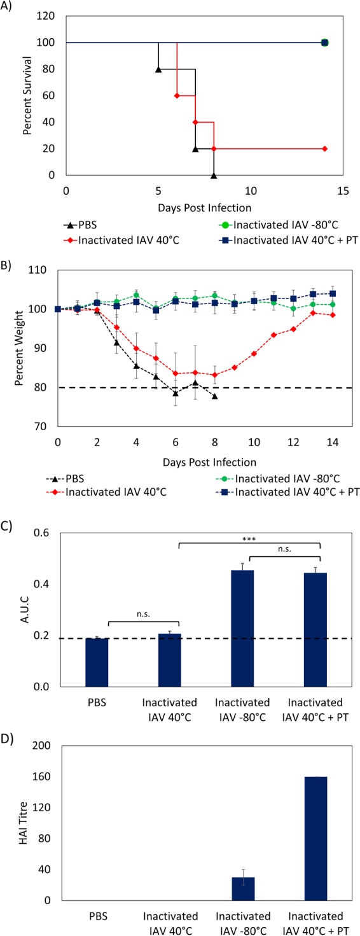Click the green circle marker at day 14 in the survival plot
tap(324, 43)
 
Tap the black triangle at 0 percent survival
tap(214, 175)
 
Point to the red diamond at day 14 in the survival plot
tap(324, 148)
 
